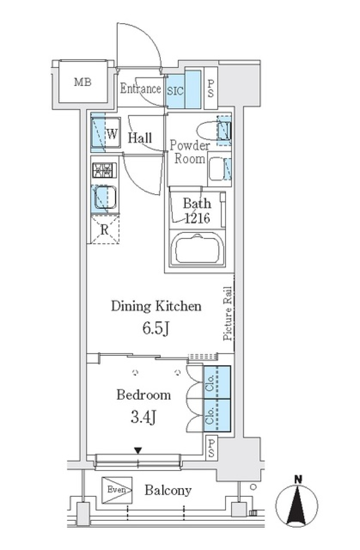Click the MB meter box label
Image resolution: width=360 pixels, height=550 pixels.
[82, 81]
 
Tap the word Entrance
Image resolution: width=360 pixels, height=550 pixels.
[140, 88]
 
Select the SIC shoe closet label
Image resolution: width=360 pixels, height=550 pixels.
[175, 91]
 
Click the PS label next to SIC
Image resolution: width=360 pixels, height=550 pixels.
[211, 88]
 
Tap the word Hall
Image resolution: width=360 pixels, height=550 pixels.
[140, 138]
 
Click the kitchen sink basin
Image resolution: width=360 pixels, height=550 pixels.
[105, 197]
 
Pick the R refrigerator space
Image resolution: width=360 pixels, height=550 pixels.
[105, 229]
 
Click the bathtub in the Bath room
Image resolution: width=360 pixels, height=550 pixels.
[197, 249]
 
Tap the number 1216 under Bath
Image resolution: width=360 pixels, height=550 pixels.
[197, 218]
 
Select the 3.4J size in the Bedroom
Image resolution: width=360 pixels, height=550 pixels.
[143, 417]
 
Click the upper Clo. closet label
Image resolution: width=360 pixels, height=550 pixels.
[210, 382]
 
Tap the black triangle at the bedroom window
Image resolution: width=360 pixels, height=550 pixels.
[138, 450]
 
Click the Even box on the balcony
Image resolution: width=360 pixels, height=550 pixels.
[117, 490]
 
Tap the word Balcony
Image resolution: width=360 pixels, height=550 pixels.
[168, 490]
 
